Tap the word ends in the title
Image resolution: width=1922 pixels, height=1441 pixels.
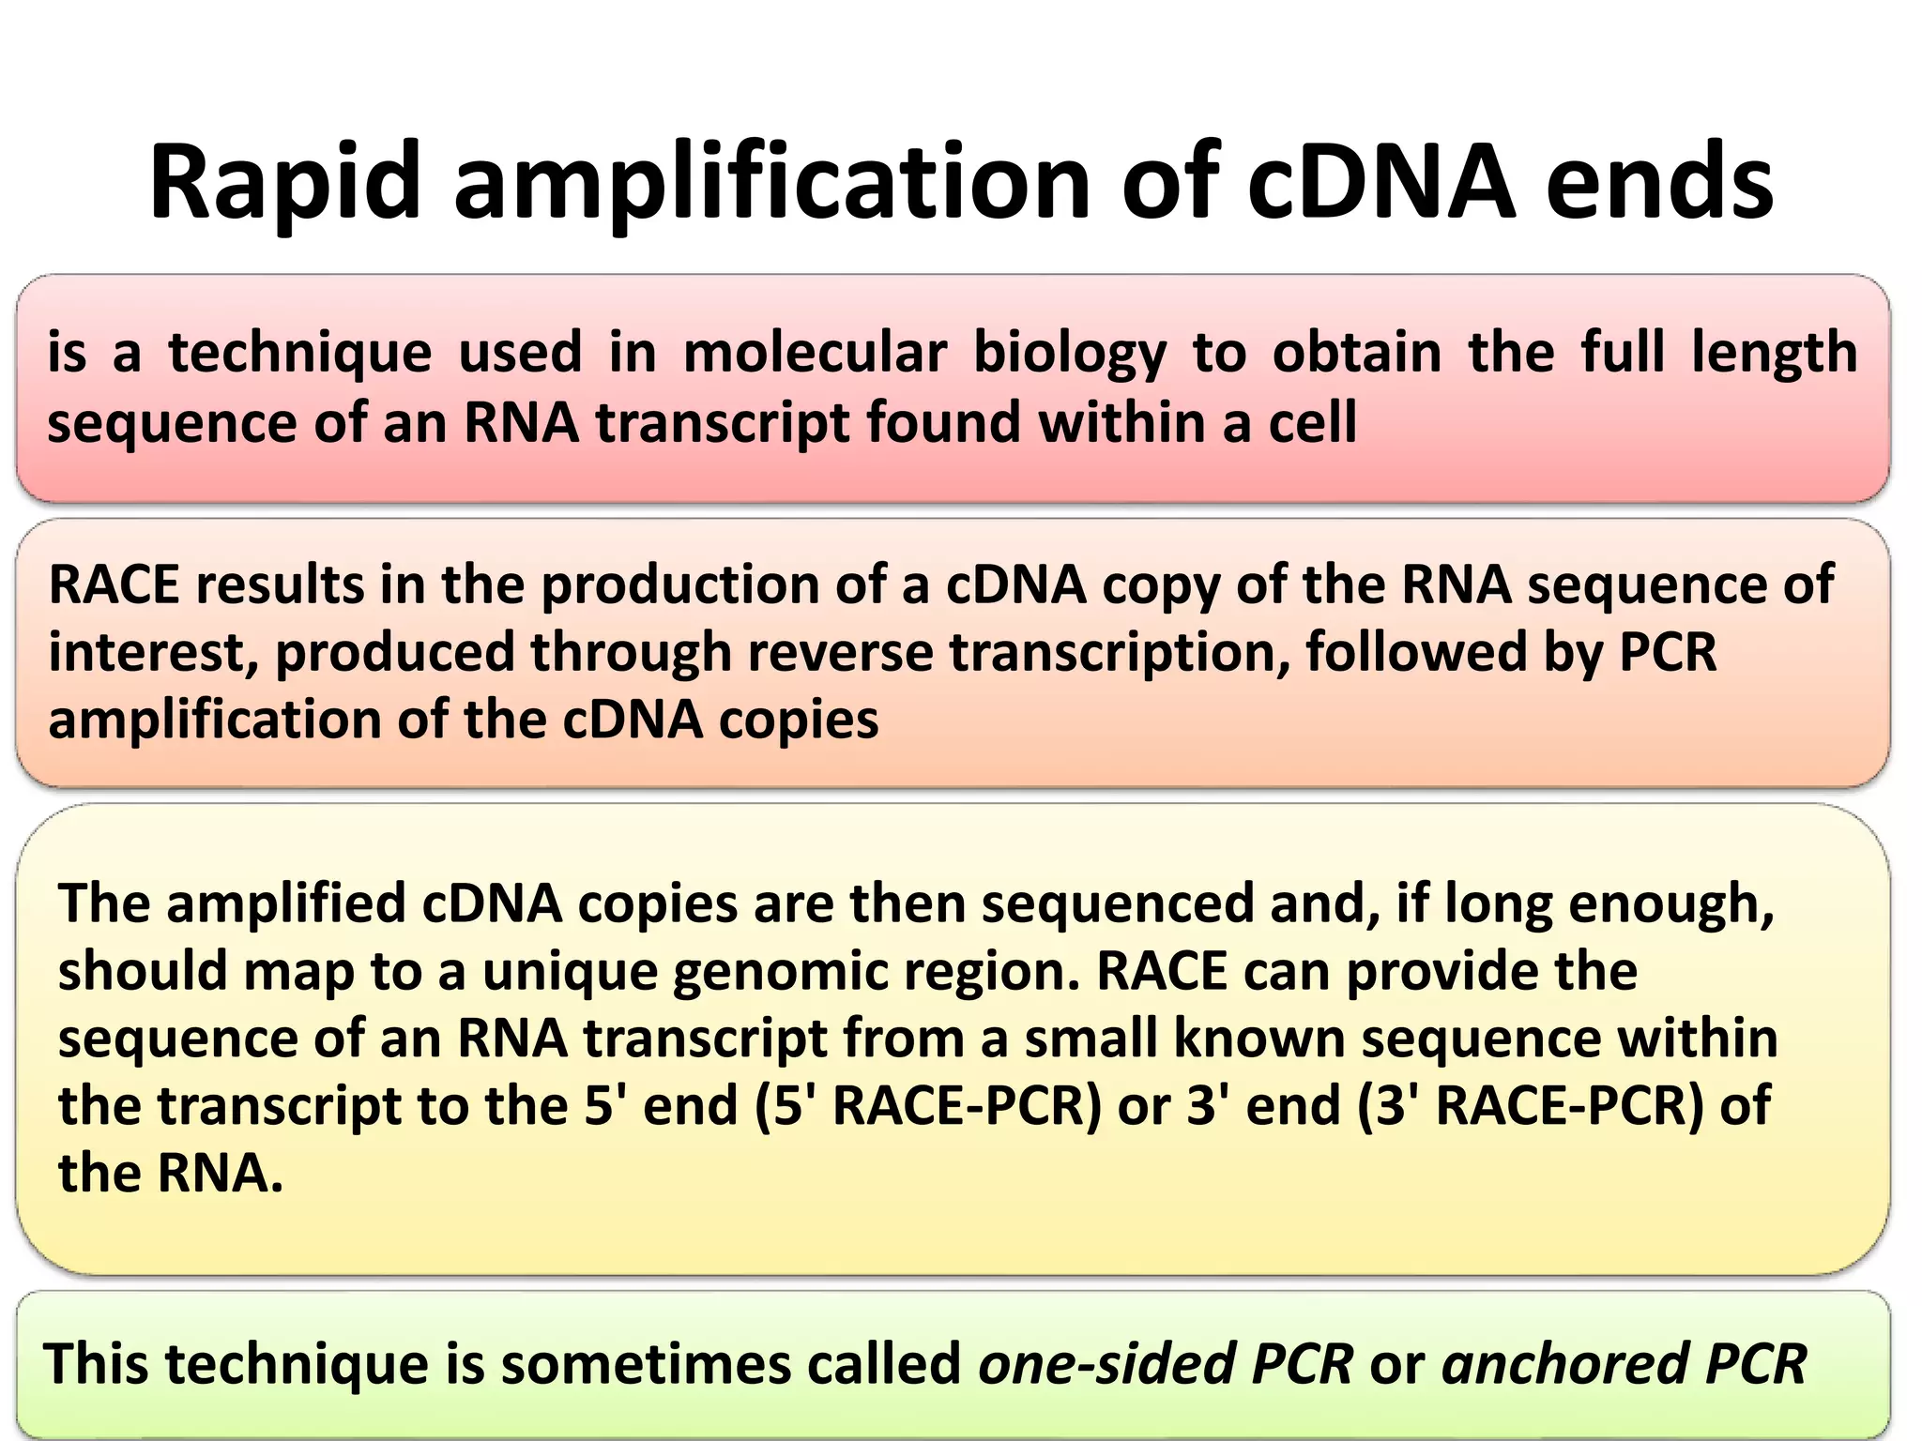click(x=1658, y=182)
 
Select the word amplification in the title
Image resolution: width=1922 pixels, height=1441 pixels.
click(x=771, y=182)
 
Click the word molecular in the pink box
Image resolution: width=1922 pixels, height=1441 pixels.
click(x=815, y=353)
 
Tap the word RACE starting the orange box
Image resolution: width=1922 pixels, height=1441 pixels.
click(x=113, y=584)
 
